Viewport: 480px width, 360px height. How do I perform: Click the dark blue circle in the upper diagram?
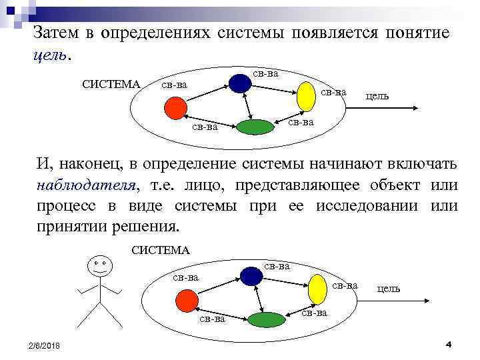(239, 82)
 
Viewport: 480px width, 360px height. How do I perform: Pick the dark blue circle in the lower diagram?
(249, 275)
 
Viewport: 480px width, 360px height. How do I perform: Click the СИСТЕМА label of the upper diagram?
(111, 85)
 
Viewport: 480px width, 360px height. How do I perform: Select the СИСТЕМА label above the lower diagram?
(161, 250)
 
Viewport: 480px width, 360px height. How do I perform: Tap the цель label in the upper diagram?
(377, 96)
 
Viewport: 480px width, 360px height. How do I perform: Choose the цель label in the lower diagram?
(389, 288)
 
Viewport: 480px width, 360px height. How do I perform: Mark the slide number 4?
(448, 343)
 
